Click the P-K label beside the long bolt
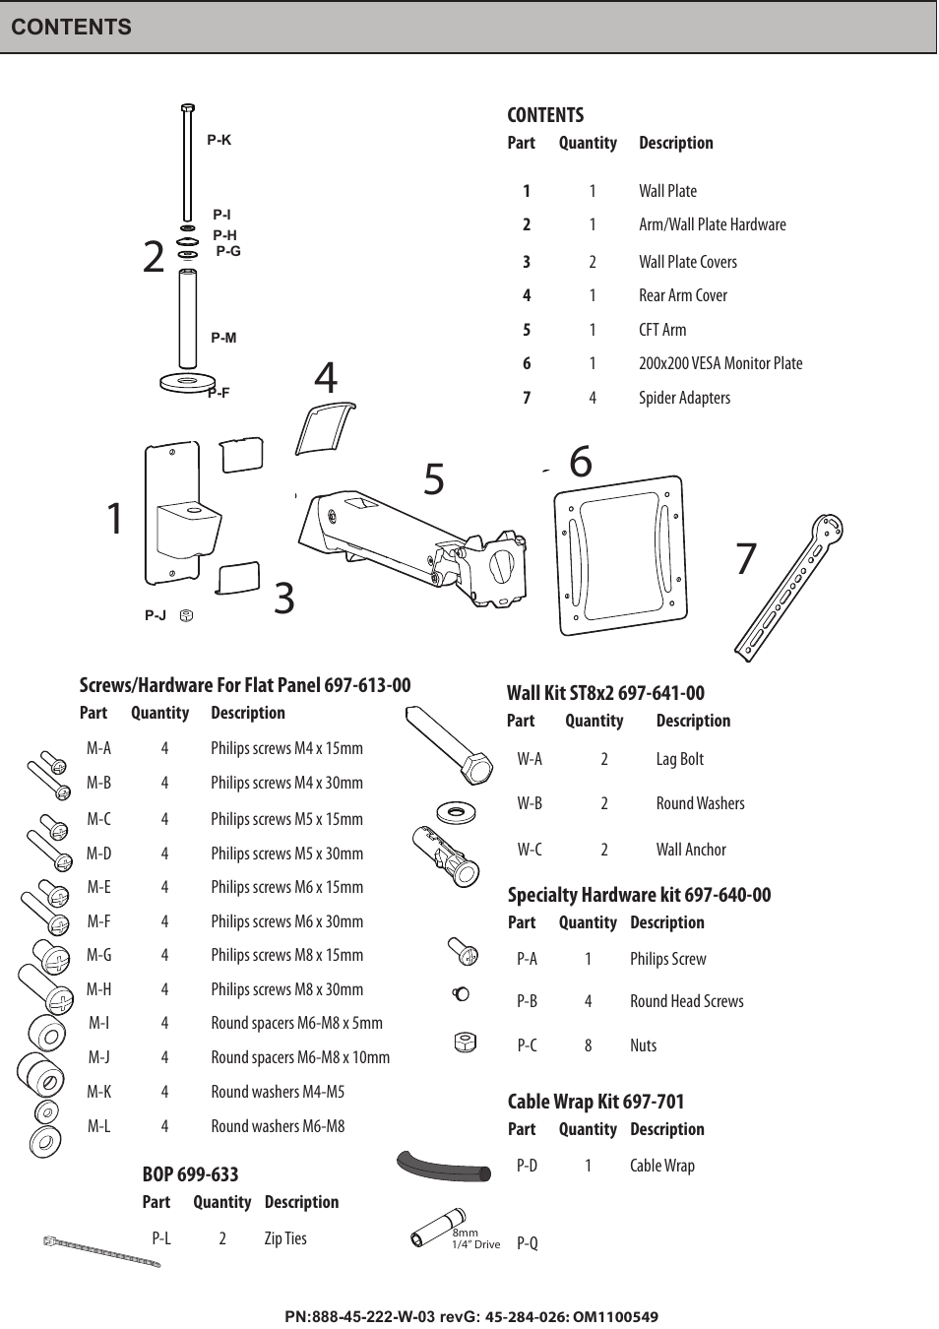tap(219, 141)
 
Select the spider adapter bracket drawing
tap(787, 588)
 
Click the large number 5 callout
tap(434, 479)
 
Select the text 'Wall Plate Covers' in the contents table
tap(687, 262)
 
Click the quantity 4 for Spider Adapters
tap(592, 398)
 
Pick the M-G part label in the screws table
tap(98, 955)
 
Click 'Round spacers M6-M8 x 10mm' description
tap(299, 1057)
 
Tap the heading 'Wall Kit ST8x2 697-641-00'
tap(605, 693)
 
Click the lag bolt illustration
tap(449, 745)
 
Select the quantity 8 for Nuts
tap(588, 1045)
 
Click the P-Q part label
tap(528, 1243)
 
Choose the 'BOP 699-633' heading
tap(190, 1174)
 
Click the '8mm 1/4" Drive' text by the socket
tap(475, 1238)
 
